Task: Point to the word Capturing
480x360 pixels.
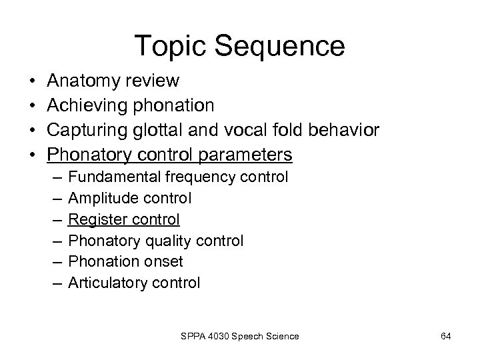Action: click(x=87, y=131)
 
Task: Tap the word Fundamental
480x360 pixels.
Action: click(x=115, y=177)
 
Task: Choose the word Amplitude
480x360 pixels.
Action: click(x=101, y=198)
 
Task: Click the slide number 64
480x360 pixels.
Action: click(x=446, y=336)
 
